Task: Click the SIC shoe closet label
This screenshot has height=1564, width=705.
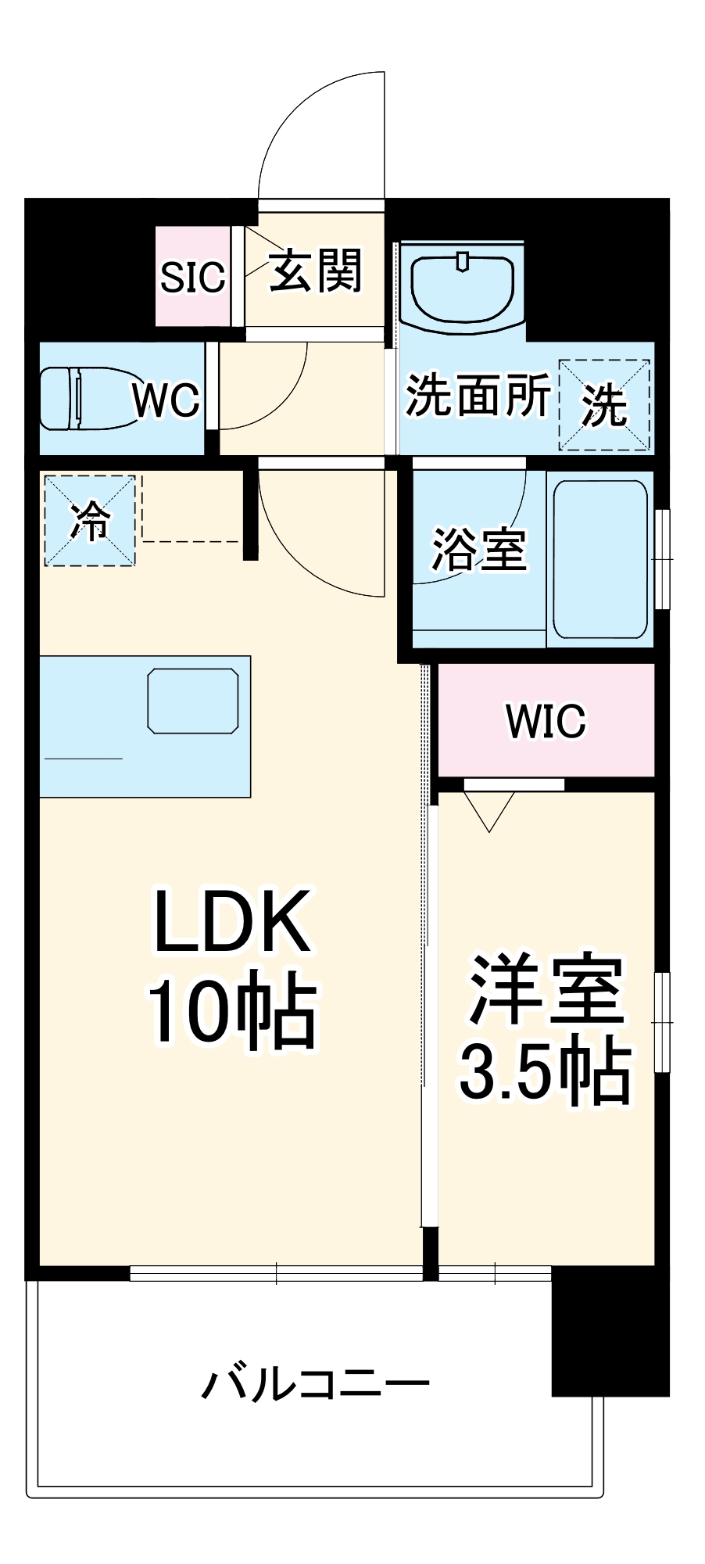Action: pyautogui.click(x=192, y=277)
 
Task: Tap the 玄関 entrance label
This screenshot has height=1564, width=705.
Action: pyautogui.click(x=316, y=271)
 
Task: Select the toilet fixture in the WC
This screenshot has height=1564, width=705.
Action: pyautogui.click(x=86, y=398)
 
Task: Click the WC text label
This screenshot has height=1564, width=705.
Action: pyautogui.click(x=166, y=400)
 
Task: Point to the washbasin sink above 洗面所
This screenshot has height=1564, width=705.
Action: pyautogui.click(x=462, y=288)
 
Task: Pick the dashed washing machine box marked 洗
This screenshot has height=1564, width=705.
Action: pyautogui.click(x=604, y=405)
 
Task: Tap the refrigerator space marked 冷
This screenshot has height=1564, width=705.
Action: pyautogui.click(x=90, y=521)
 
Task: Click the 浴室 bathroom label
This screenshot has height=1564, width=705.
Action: pyautogui.click(x=478, y=550)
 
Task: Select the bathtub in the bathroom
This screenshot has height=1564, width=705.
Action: pyautogui.click(x=600, y=558)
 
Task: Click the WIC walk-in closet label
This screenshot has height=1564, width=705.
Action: pyautogui.click(x=546, y=721)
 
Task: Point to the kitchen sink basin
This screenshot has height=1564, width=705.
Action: pyautogui.click(x=193, y=701)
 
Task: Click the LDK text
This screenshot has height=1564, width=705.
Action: pyautogui.click(x=232, y=921)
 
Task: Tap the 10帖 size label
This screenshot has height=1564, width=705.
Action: pyautogui.click(x=232, y=1010)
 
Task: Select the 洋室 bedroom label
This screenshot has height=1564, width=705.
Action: pyautogui.click(x=546, y=990)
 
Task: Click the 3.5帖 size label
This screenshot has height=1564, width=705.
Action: pyautogui.click(x=546, y=1070)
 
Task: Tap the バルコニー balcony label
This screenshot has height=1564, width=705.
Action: pyautogui.click(x=316, y=1383)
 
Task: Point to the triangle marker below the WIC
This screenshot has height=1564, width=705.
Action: pyautogui.click(x=489, y=810)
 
